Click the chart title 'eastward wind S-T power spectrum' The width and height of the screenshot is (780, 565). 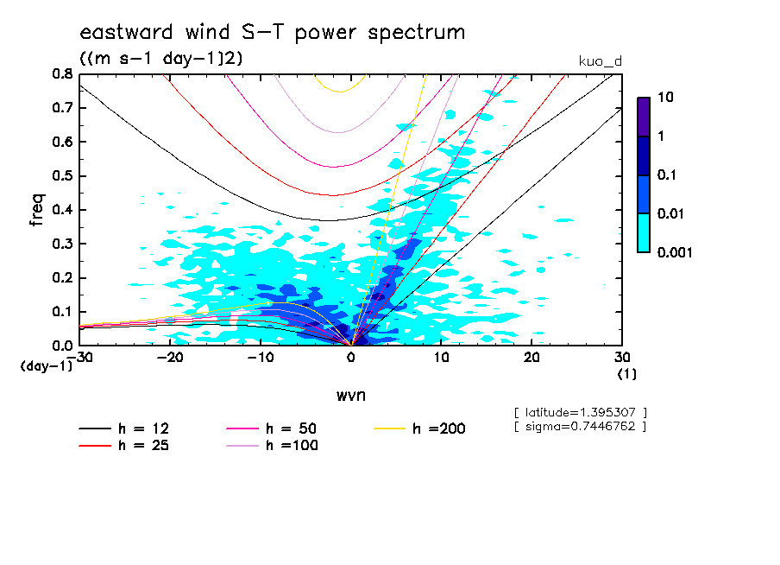[x=272, y=33]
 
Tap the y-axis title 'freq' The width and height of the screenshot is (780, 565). [x=37, y=209]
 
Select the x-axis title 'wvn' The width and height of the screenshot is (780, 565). [x=350, y=395]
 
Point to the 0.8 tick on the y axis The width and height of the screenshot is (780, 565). [x=63, y=74]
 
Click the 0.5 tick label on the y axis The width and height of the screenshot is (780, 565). [x=63, y=176]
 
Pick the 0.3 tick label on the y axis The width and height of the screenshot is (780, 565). [x=63, y=244]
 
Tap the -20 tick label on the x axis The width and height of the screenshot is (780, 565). [x=171, y=357]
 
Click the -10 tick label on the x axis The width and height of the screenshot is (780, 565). [x=261, y=357]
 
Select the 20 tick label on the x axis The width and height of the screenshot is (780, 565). [x=532, y=357]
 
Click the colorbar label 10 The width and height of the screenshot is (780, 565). [x=665, y=98]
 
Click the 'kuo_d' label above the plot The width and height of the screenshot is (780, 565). [x=601, y=61]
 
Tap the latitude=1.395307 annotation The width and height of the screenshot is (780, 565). [x=579, y=412]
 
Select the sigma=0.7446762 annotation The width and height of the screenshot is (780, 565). [x=579, y=426]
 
